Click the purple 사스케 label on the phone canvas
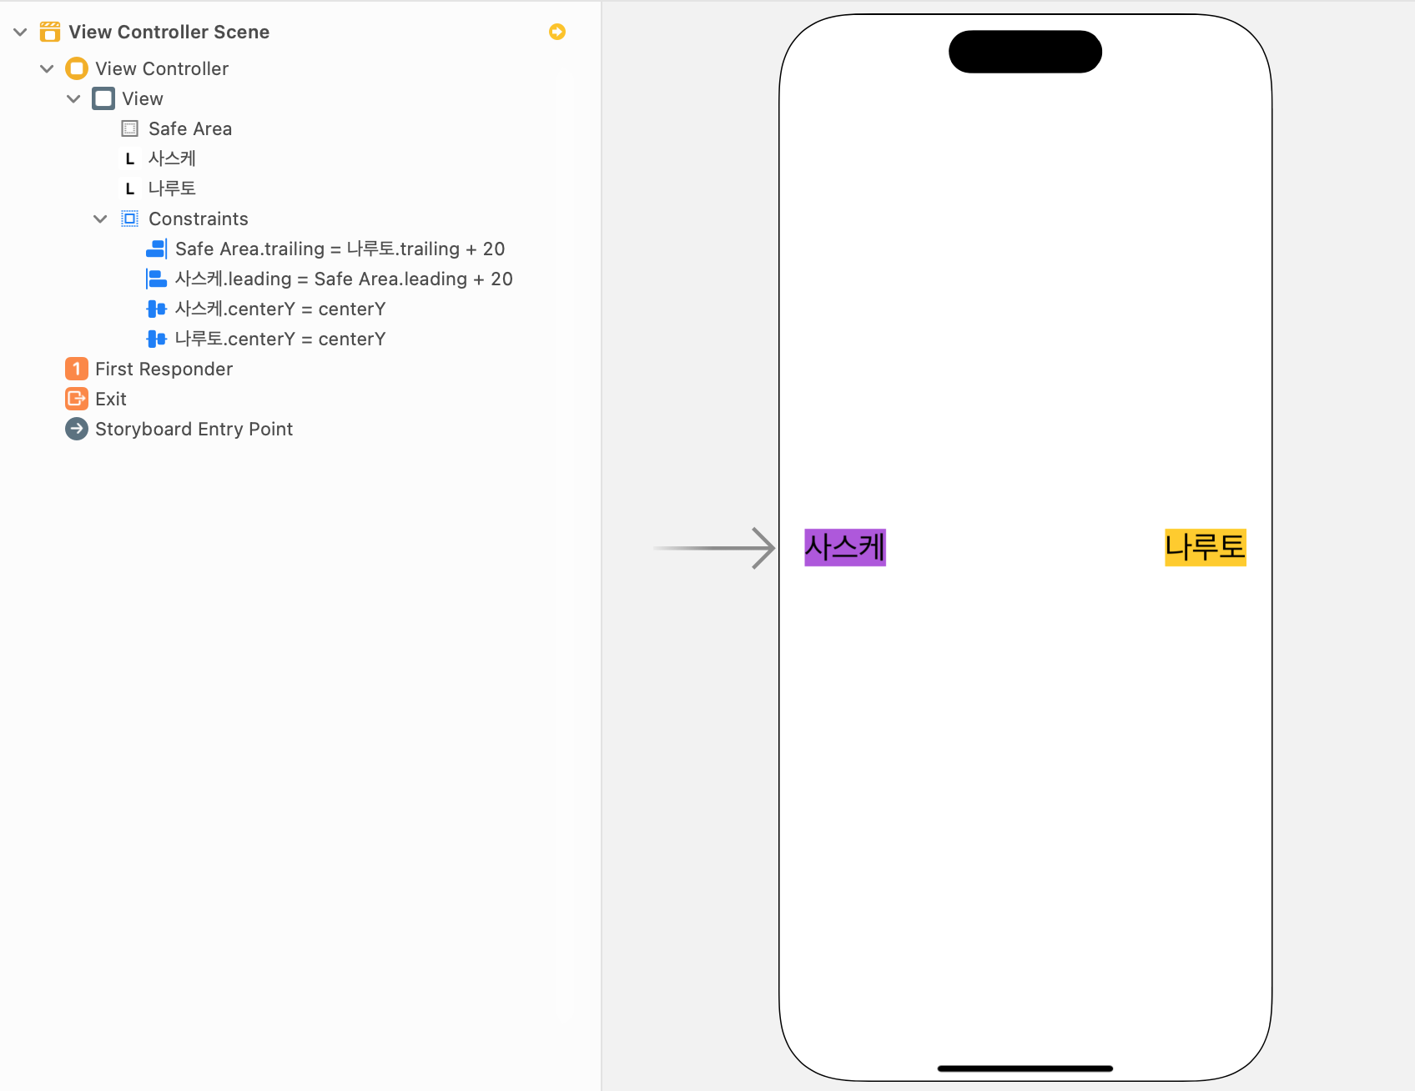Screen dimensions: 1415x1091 pos(844,547)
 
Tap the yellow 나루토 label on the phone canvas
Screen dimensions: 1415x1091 pos(1205,547)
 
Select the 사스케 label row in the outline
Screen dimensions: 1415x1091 pos(172,158)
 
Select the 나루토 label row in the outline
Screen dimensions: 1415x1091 pos(172,189)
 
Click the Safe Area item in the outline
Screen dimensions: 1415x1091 pos(189,128)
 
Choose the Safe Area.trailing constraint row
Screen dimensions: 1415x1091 pos(340,249)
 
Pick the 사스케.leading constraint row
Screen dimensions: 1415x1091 pos(343,279)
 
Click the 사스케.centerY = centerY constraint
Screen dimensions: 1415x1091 pos(279,309)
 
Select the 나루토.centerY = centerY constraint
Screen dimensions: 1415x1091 pos(279,339)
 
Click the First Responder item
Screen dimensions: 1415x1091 pos(164,369)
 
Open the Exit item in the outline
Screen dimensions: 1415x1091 pos(110,399)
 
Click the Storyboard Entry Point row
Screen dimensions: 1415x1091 pos(194,429)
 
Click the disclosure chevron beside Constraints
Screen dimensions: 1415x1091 pos(100,219)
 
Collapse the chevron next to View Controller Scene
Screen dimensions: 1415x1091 pos(20,32)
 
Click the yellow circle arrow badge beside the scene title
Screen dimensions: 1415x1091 pos(557,32)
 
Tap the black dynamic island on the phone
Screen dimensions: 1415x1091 pos(1025,52)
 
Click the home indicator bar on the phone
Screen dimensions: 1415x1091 pos(1025,1068)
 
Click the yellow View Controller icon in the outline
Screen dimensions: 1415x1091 pos(77,68)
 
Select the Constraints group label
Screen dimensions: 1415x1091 pos(198,219)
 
